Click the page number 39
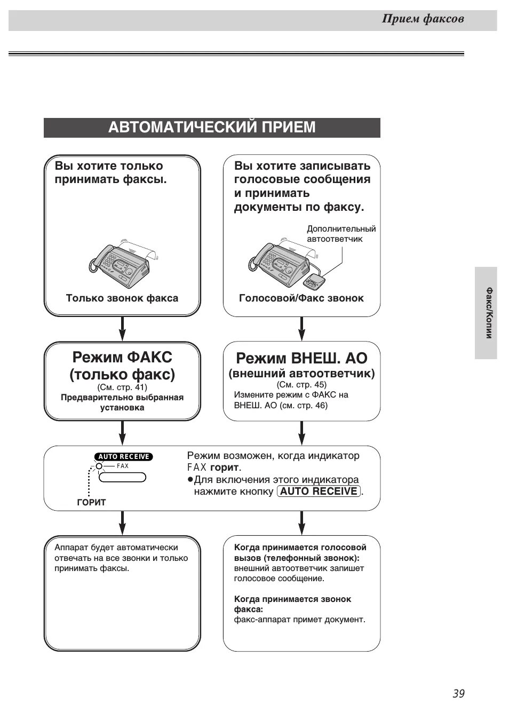(x=458, y=693)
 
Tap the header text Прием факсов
(x=423, y=19)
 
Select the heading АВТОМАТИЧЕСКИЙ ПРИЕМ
(x=212, y=128)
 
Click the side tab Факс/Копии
(x=488, y=313)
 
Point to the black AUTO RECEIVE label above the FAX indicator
(x=124, y=456)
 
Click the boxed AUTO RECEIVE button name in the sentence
(x=319, y=492)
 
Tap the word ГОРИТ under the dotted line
(x=91, y=502)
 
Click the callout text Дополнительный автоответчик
(x=341, y=234)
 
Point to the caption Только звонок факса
(x=122, y=298)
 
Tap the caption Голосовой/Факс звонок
(x=301, y=298)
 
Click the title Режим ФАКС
(x=122, y=357)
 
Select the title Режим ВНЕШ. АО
(x=301, y=358)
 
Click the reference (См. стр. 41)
(x=122, y=387)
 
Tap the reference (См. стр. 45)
(x=301, y=384)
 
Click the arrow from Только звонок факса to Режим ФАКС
(x=122, y=328)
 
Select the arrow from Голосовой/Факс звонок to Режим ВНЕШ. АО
(x=301, y=328)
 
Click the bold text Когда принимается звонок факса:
(x=292, y=604)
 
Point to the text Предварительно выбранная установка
(x=122, y=402)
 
